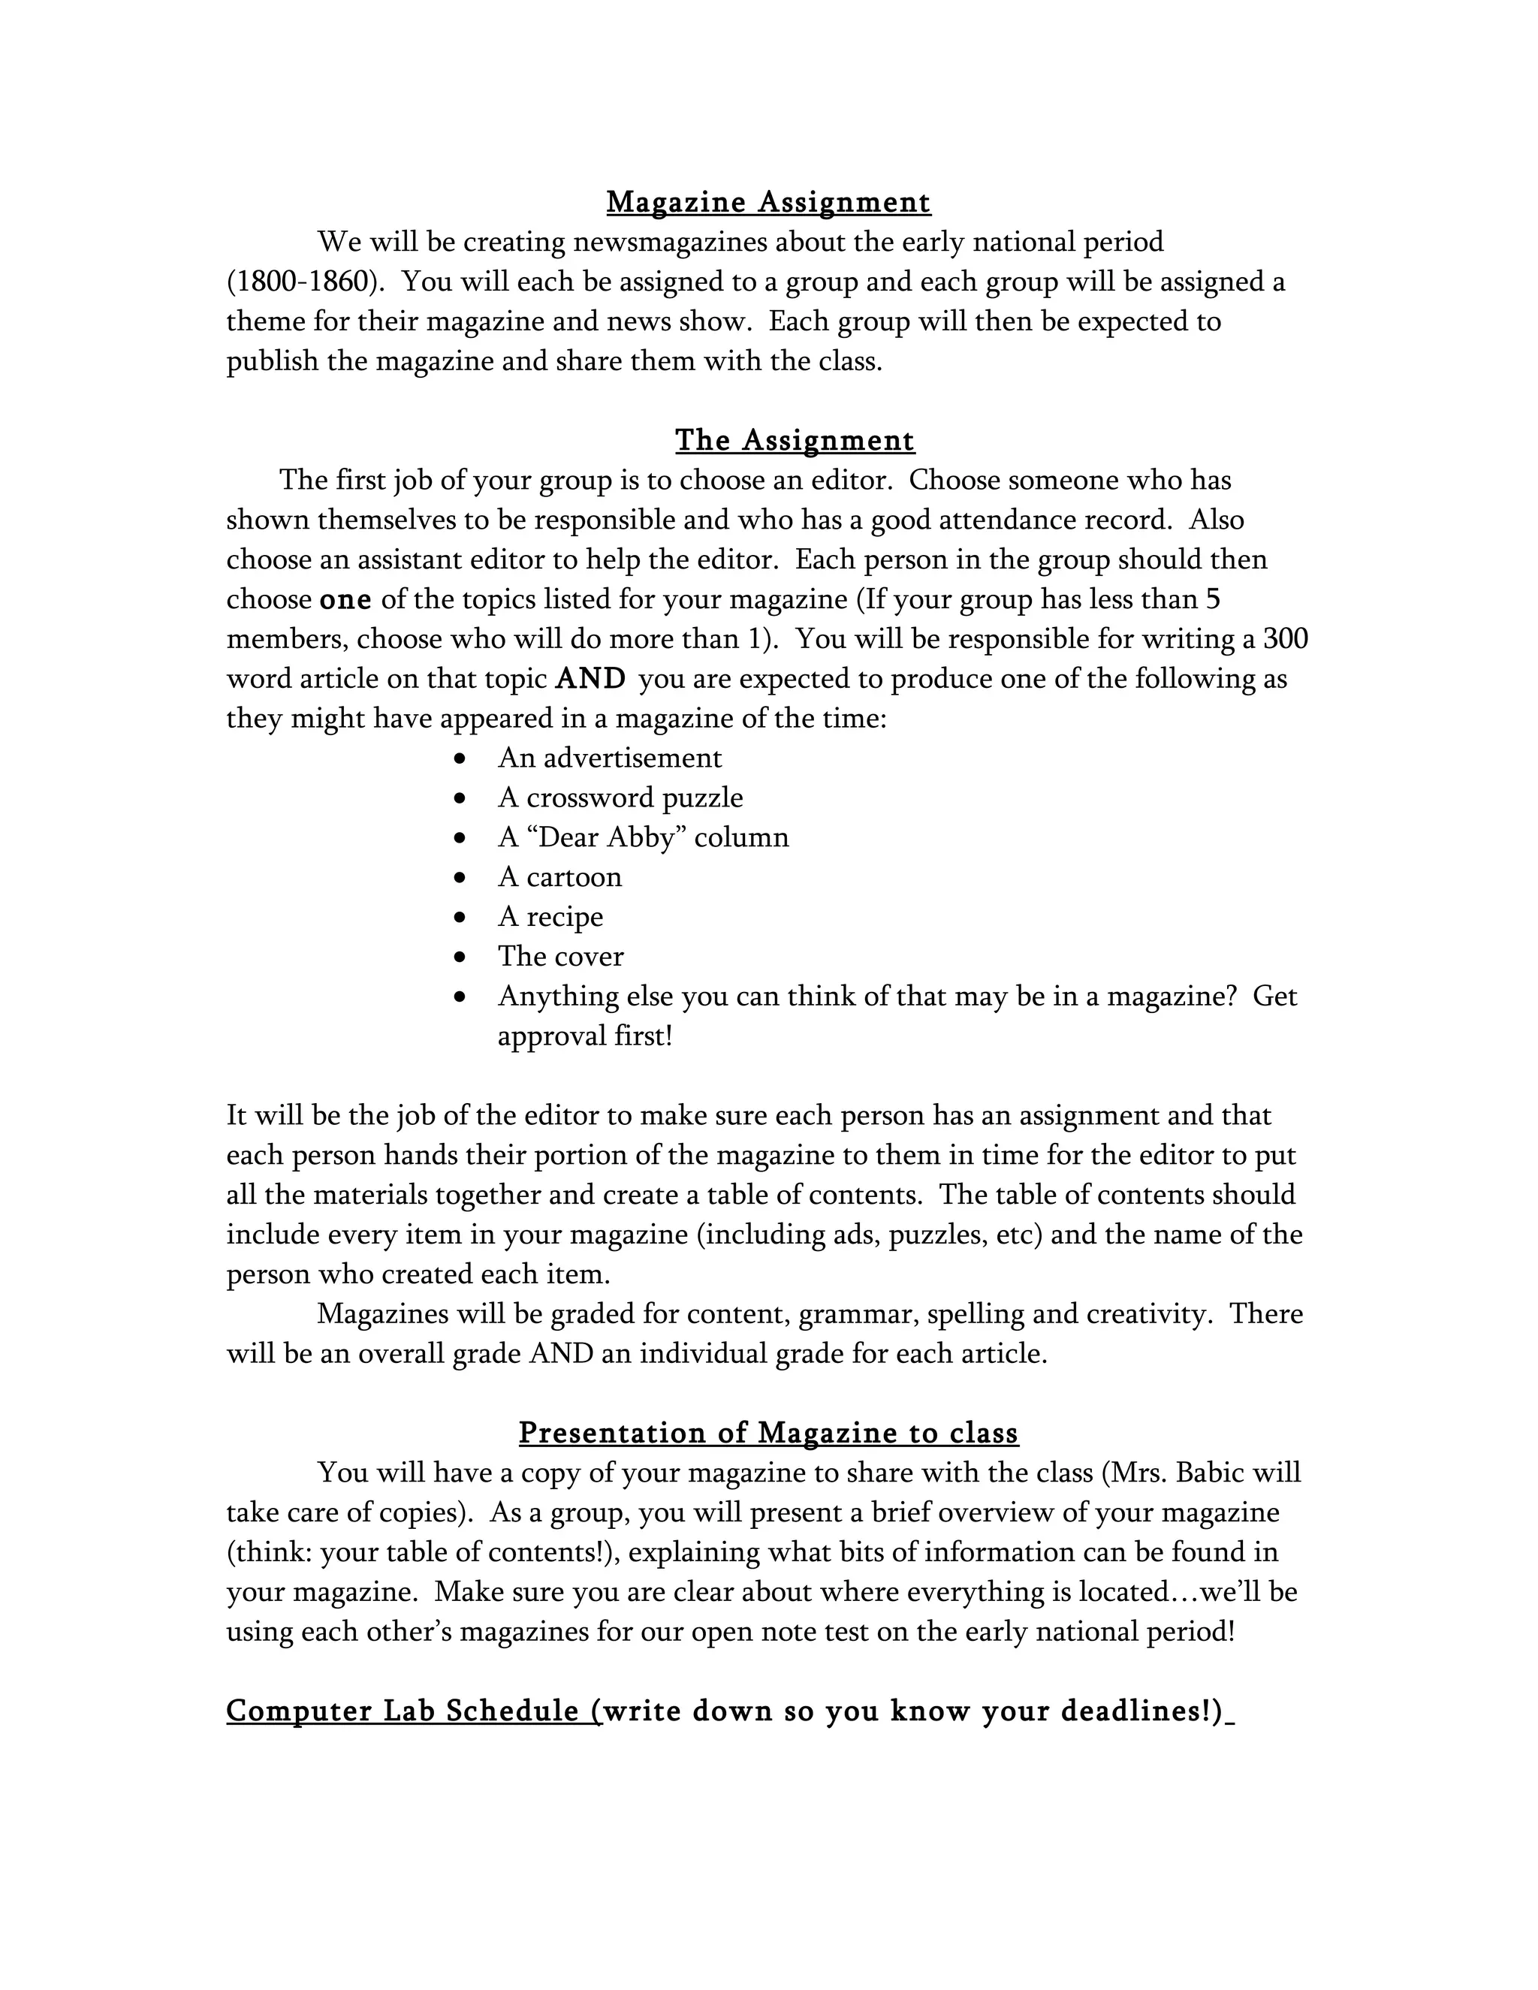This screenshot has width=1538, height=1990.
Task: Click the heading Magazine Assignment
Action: click(768, 202)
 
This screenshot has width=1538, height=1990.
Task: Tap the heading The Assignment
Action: click(795, 440)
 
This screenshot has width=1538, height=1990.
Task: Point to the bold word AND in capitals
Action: click(590, 679)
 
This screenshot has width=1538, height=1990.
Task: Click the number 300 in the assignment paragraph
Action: click(1285, 639)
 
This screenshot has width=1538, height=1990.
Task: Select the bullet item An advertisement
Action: click(610, 758)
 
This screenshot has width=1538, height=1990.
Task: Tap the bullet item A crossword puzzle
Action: click(620, 798)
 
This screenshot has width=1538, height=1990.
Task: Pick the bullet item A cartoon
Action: click(559, 877)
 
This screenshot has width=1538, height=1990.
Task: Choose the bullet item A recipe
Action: click(550, 917)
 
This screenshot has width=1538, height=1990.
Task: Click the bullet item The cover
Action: click(560, 957)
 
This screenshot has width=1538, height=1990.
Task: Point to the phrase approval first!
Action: click(584, 1036)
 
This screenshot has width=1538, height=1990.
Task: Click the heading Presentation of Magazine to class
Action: click(768, 1434)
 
